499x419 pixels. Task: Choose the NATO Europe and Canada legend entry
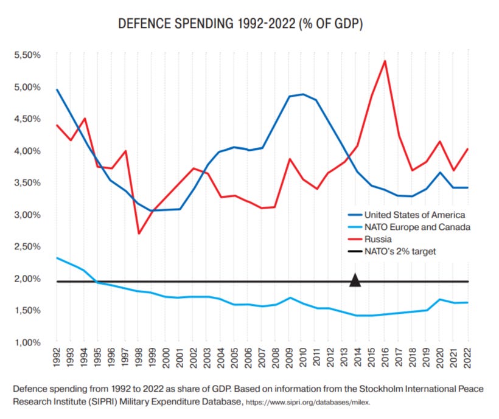point(417,227)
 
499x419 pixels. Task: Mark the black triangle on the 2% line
point(356,280)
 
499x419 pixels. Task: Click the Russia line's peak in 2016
point(385,61)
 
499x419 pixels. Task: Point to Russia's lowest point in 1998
point(139,233)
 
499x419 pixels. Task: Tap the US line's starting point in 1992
point(57,90)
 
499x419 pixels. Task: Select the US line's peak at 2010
point(303,94)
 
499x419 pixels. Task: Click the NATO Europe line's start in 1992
point(57,258)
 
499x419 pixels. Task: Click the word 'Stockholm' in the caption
point(391,387)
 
